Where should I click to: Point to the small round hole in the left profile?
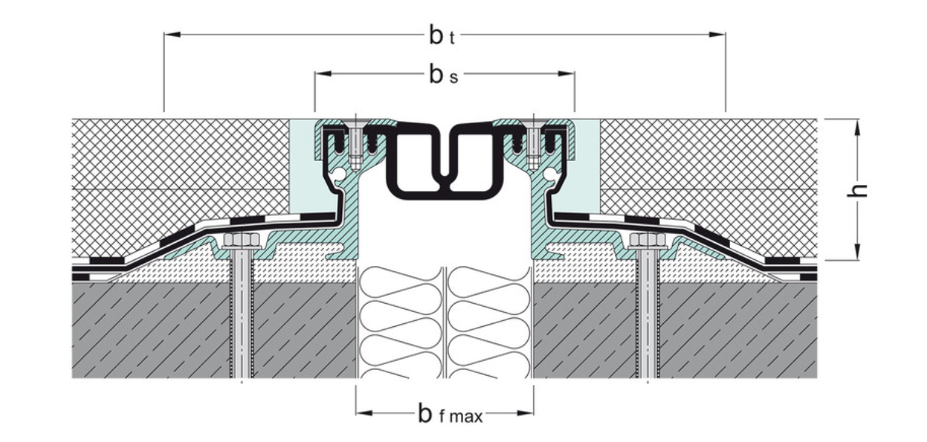click(343, 174)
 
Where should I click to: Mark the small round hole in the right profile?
click(553, 174)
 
